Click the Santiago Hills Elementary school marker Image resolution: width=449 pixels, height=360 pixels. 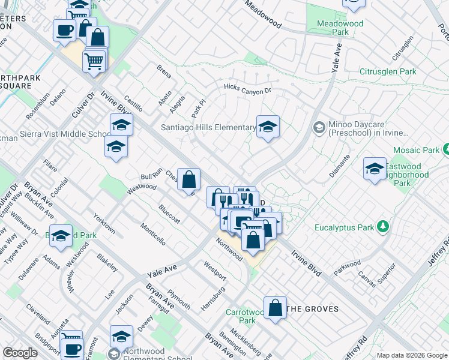tap(268, 127)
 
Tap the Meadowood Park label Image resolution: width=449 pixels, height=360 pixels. tap(340, 28)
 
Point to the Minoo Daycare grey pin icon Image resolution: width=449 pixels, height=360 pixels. tap(319, 127)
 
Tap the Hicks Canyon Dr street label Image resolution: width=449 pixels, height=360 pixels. tap(248, 89)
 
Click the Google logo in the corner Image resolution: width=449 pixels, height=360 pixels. tap(20, 353)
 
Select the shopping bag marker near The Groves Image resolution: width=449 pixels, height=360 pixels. tap(275, 308)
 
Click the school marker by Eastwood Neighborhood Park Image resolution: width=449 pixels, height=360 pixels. tap(375, 169)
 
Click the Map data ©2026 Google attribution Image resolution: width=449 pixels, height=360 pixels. tap(412, 355)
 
